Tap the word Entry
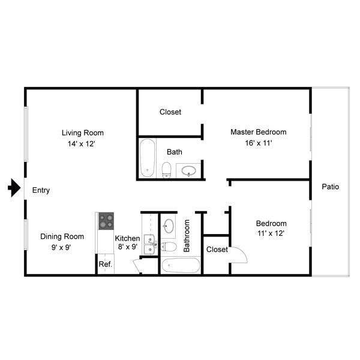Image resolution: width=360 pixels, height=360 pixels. coord(41,191)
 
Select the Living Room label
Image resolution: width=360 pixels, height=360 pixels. coord(83,133)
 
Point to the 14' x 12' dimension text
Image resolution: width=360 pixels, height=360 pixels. coord(82,144)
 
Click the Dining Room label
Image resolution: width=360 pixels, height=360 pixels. coord(62,236)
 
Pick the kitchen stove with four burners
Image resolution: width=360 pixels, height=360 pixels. coord(106,221)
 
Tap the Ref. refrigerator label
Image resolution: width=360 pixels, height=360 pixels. coord(106,264)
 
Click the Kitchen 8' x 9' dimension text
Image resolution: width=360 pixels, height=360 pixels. coord(127,247)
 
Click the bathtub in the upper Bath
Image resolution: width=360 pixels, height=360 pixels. coord(147,158)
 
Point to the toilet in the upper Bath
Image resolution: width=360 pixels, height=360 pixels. coord(167,169)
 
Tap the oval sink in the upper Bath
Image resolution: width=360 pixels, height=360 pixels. coord(189,171)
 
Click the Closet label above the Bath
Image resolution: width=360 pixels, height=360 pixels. coord(170,112)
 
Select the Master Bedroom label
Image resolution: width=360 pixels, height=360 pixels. coord(259,132)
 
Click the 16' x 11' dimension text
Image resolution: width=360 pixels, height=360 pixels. coord(259,144)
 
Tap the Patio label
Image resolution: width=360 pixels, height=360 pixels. coord(331,187)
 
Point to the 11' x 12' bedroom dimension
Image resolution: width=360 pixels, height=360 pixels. coord(271,235)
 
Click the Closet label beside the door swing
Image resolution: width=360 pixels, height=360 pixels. coord(217,250)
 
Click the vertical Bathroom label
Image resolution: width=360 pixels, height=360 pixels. coord(187,235)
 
